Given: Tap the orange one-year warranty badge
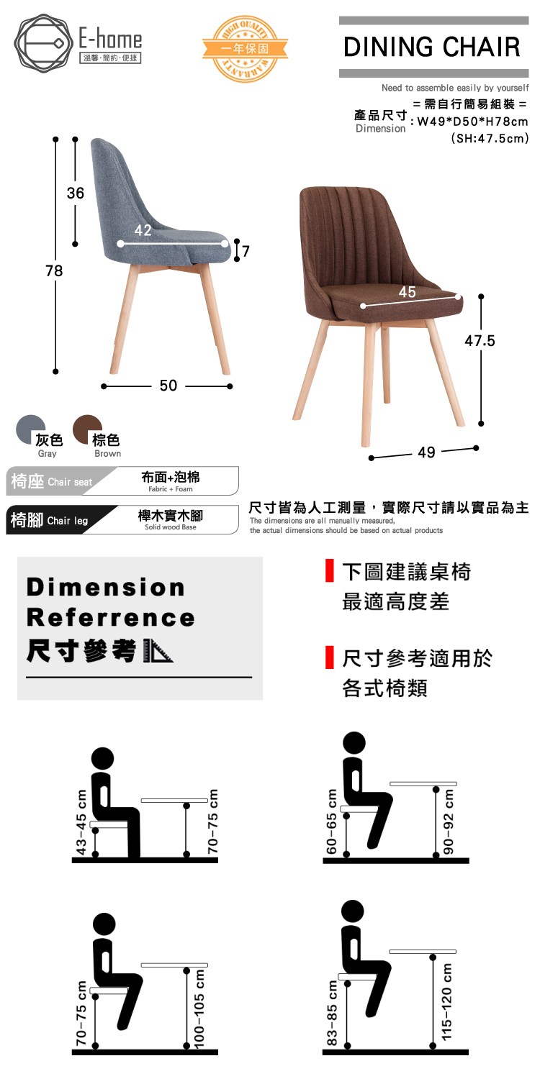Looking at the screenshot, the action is pos(245,48).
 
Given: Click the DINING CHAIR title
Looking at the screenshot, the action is pos(432,47).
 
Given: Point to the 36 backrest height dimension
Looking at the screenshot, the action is pos(75,194).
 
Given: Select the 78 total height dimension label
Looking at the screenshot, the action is pos(54,270).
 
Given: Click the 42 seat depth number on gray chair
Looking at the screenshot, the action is pos(143,229).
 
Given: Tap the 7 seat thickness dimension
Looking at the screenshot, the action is pos(246,251).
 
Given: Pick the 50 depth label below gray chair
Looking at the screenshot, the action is pos(168,386).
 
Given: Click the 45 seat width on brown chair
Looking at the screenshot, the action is pos(407,291).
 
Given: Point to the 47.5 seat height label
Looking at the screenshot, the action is pos(480,341).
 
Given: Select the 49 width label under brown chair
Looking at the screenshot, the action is pos(426,452).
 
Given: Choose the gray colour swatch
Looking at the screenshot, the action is pos(30,429).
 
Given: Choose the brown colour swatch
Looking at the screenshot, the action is pos(87,429).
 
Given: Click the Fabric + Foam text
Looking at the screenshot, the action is pos(171,489).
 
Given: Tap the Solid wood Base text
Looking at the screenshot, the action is pos(171,527).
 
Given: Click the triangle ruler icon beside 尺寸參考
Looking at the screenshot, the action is pos(158,651).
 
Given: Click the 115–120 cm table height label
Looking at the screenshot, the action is pos(446,1001).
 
